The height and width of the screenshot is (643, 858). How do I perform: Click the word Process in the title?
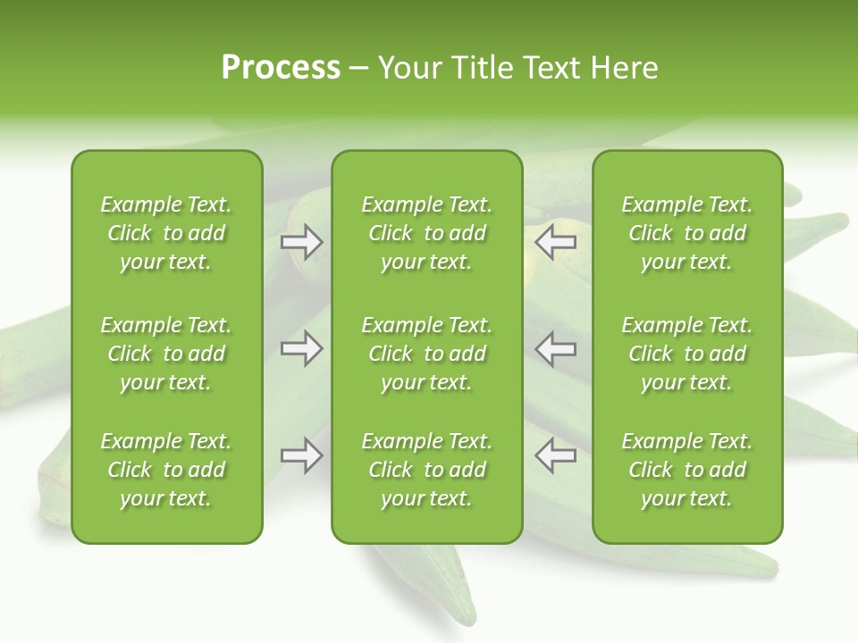click(x=281, y=68)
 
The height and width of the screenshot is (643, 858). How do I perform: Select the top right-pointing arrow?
click(x=302, y=242)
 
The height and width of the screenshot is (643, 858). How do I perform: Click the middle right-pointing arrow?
click(x=302, y=348)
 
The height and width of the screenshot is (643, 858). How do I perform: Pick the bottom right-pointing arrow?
click(x=302, y=455)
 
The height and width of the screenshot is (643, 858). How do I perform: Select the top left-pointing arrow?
click(x=555, y=242)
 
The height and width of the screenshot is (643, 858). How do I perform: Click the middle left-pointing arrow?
click(x=555, y=348)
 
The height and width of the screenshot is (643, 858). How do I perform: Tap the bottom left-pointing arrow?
click(x=555, y=455)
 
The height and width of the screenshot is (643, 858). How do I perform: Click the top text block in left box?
click(x=166, y=233)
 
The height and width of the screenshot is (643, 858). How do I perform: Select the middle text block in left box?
click(x=166, y=354)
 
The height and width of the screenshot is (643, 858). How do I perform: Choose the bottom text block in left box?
click(x=166, y=470)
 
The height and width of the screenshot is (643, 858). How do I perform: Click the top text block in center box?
click(x=426, y=233)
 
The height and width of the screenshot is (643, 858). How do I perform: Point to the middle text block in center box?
click(x=426, y=354)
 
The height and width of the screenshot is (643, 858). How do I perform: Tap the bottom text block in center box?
click(x=426, y=470)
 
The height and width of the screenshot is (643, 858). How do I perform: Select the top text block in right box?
click(x=686, y=233)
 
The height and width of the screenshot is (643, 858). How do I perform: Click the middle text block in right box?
click(x=686, y=354)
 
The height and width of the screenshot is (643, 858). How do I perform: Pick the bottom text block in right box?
click(x=686, y=470)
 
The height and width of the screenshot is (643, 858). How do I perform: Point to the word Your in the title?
click(x=409, y=68)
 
